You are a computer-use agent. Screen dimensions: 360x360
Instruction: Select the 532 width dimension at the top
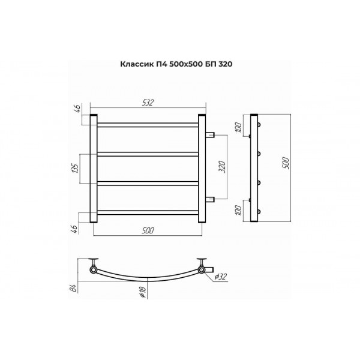(x=148, y=103)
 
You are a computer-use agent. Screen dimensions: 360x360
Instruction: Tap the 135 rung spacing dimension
(x=76, y=169)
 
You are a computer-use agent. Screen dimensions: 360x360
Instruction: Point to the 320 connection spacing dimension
(x=222, y=167)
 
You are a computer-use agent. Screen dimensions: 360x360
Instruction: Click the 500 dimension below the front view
(x=148, y=230)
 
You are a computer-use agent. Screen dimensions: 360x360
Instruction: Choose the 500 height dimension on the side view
(x=286, y=163)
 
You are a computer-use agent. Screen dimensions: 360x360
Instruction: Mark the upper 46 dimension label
(x=77, y=108)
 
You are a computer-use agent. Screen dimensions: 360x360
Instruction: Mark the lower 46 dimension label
(x=74, y=229)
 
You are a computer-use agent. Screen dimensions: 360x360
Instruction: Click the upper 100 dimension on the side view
(x=239, y=128)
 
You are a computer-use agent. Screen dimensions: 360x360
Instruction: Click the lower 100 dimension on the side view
(x=239, y=211)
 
